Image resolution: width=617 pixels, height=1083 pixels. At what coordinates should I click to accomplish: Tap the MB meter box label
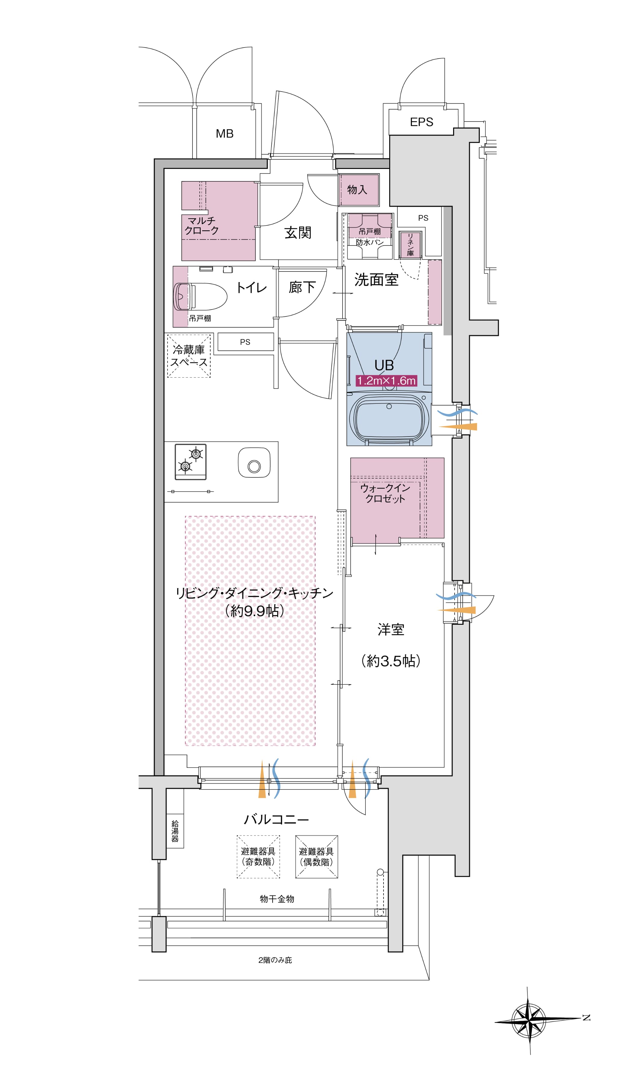224,134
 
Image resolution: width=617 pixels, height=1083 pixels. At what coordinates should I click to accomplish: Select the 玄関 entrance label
298,232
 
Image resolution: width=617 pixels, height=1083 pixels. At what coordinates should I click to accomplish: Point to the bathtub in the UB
389,417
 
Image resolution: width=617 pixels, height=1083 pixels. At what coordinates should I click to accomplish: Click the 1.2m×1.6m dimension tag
386,381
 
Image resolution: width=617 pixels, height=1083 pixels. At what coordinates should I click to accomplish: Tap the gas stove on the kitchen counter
191,462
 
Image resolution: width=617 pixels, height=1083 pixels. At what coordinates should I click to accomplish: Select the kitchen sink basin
254,463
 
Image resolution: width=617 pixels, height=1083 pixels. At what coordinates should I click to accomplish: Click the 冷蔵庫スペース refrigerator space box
189,356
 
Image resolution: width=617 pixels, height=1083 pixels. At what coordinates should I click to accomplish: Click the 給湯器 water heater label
175,831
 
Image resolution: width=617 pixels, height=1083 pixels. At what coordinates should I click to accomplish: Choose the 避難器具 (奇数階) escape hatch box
258,857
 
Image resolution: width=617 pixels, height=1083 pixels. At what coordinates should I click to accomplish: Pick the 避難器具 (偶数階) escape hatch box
317,857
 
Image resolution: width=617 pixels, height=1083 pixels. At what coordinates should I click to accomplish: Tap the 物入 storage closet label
357,189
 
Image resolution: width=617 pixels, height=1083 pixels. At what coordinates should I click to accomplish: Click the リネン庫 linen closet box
410,245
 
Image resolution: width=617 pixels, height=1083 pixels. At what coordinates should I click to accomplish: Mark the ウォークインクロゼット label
385,493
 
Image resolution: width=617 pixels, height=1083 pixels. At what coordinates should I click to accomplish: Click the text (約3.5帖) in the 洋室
391,661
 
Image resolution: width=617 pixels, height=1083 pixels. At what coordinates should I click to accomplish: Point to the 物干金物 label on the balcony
277,898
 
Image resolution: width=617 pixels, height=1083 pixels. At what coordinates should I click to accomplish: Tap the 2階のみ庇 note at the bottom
275,960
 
